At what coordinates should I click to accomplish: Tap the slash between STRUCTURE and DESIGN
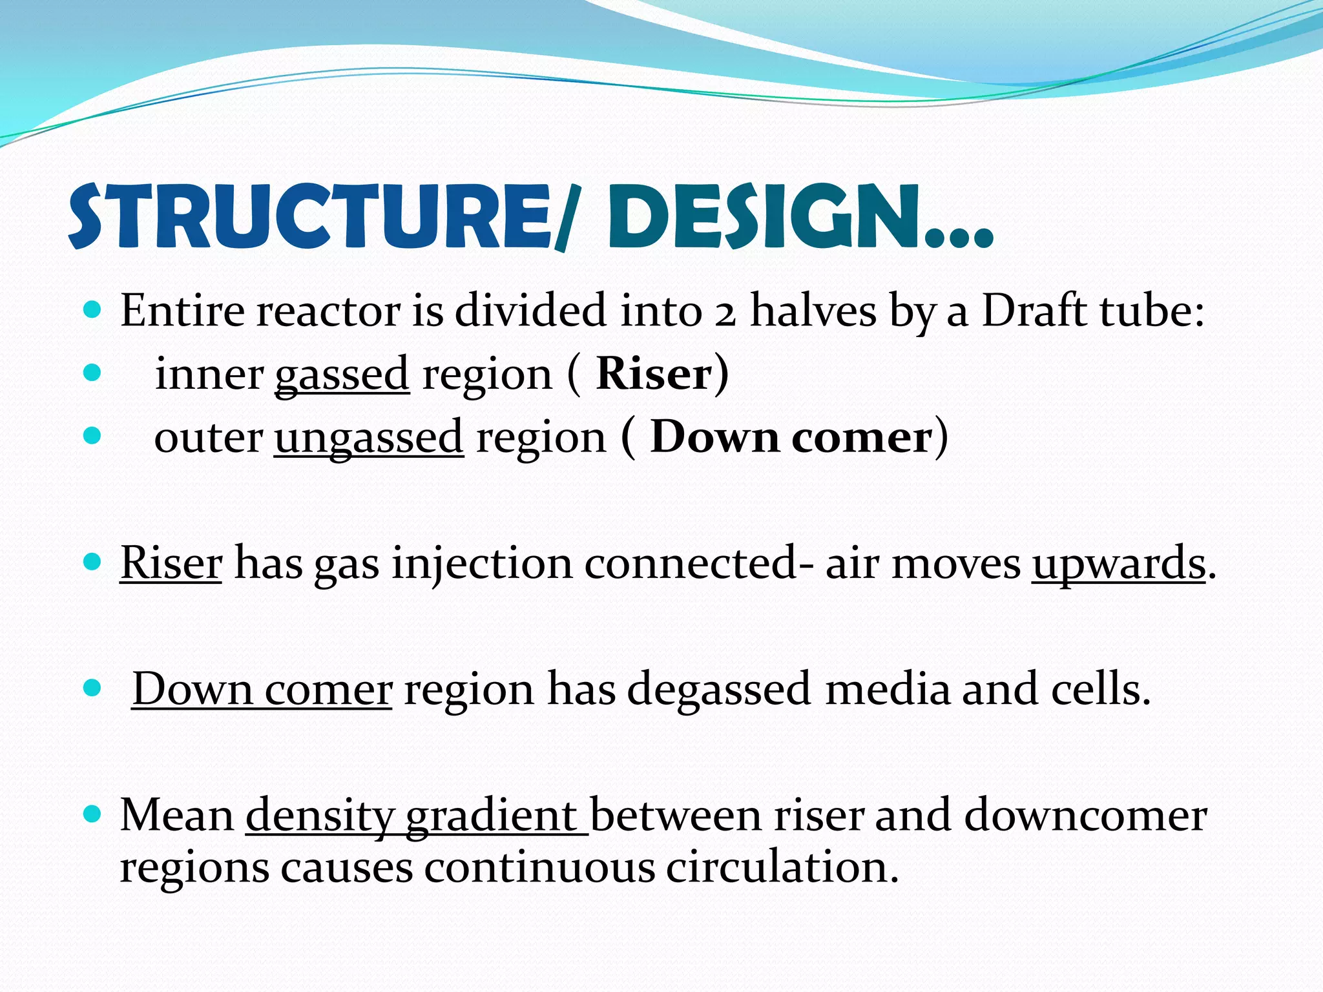tap(567, 218)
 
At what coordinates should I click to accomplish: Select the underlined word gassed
tap(342, 375)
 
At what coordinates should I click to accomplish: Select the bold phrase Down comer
tap(791, 437)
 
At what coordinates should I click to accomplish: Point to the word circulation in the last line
tap(782, 867)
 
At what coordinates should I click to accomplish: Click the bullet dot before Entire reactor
tap(93, 311)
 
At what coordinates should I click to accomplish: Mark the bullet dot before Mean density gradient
tap(93, 815)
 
